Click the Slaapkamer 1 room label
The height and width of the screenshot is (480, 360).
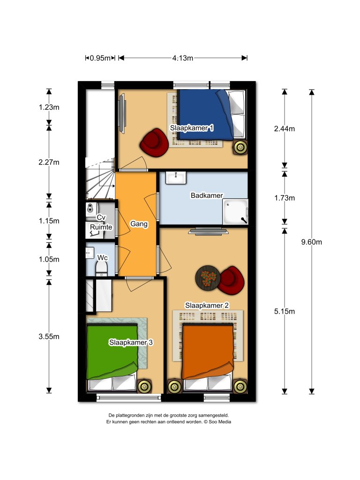click(x=192, y=128)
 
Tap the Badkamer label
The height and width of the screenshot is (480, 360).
click(x=207, y=195)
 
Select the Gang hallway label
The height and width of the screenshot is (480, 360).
click(x=139, y=224)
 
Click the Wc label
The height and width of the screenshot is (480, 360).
click(x=102, y=257)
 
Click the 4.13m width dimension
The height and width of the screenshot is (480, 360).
click(x=182, y=58)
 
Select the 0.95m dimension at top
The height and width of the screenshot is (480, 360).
click(x=99, y=58)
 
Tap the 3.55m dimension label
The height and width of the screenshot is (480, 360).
click(x=49, y=336)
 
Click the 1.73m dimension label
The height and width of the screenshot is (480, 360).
click(x=284, y=198)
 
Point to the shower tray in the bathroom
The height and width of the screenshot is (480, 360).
click(x=236, y=212)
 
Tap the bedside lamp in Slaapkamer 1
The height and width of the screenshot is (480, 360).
click(x=241, y=148)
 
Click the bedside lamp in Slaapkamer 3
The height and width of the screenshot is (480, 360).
click(x=144, y=386)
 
